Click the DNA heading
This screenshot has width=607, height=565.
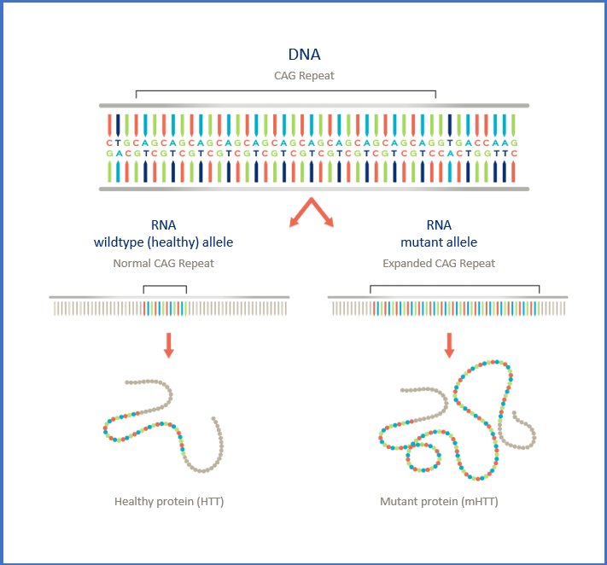(x=304, y=55)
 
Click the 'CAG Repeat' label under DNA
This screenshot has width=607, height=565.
(x=304, y=76)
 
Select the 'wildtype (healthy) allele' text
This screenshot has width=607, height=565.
(x=163, y=242)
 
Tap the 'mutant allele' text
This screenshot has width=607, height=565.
(x=439, y=242)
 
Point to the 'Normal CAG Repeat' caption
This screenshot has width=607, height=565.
(x=163, y=264)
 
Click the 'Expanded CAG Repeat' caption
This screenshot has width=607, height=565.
(x=439, y=264)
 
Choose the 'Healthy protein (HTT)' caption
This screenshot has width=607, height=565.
(x=169, y=502)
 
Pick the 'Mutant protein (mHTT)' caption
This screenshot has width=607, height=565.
(x=439, y=502)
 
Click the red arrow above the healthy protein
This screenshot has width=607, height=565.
(x=169, y=345)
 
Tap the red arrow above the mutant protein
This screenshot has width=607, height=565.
(x=449, y=345)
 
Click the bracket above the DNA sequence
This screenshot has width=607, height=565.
(x=286, y=91)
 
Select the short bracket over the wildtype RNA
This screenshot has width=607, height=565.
(x=165, y=286)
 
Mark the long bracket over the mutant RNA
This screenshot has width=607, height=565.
(x=454, y=286)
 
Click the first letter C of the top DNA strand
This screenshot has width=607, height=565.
(x=109, y=143)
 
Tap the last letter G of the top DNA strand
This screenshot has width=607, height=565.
(x=514, y=143)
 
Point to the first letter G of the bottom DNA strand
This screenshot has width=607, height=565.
(x=109, y=154)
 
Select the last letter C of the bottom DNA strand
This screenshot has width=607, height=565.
(x=514, y=154)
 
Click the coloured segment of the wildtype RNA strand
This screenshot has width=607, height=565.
(x=165, y=308)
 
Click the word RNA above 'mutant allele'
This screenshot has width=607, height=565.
(x=439, y=225)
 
